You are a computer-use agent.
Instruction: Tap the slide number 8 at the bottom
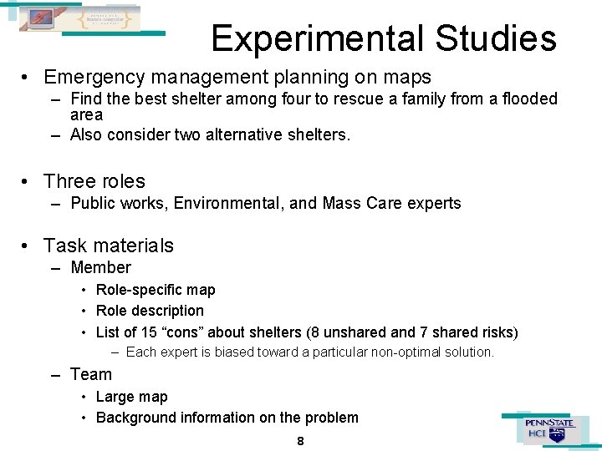(300, 441)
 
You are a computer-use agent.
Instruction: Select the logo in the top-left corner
(80, 18)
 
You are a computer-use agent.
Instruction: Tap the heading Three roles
(94, 181)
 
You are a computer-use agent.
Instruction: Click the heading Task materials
(109, 246)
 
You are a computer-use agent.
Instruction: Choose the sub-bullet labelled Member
(100, 268)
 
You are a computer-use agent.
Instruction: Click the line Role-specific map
(156, 290)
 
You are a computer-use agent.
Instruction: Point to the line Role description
(150, 311)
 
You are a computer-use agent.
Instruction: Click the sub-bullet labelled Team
(91, 374)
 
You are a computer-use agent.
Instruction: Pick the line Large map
(132, 397)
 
